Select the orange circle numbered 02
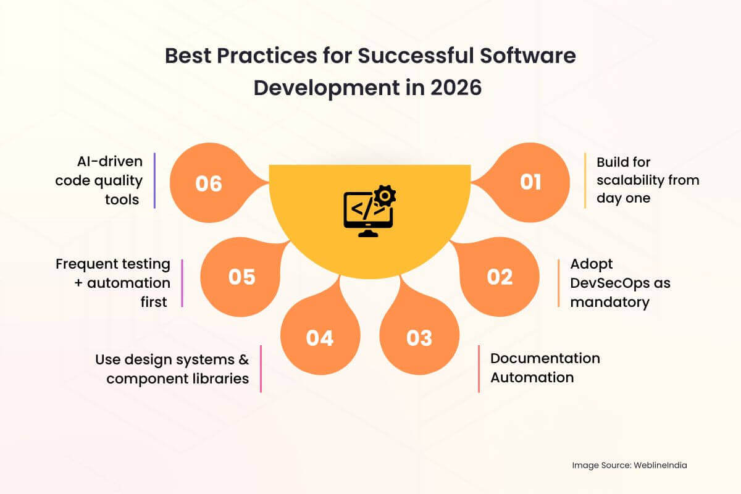tap(500, 277)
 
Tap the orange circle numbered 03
tap(419, 338)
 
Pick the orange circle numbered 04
tap(320, 338)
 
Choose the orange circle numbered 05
tap(241, 277)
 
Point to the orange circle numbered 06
tap(209, 183)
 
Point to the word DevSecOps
tap(620, 283)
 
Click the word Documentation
tap(545, 358)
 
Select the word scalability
tap(648, 180)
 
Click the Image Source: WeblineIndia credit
tap(629, 466)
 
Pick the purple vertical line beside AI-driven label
tap(154, 180)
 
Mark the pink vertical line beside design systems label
tap(261, 368)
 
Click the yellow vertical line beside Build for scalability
tap(585, 180)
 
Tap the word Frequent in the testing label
tap(86, 264)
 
